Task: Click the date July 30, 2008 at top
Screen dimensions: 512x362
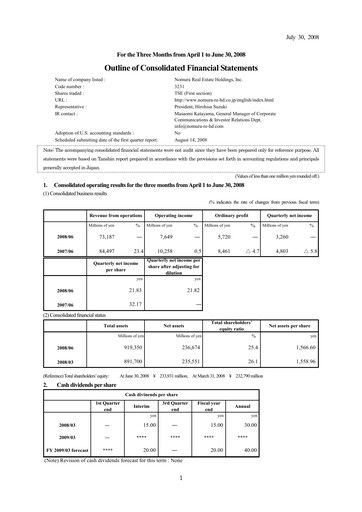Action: coord(326,10)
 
